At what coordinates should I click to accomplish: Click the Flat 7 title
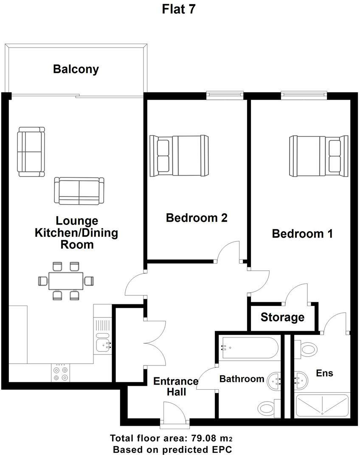coord(179,9)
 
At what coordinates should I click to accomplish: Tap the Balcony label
coord(76,69)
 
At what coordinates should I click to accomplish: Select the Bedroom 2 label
coord(197,218)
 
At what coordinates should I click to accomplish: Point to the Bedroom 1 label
coord(302,233)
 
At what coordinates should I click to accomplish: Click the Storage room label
coord(282,317)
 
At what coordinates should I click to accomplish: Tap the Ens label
coord(324,373)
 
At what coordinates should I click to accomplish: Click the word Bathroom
coord(242,379)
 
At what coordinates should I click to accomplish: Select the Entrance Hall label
coord(176,387)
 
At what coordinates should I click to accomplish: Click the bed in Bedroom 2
coord(179,156)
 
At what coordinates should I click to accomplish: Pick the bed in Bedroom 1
coord(319,156)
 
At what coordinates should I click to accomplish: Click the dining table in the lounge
coord(66,281)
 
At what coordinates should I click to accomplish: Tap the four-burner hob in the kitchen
coord(61,373)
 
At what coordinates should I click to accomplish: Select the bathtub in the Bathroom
coord(250,347)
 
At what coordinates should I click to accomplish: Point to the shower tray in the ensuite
coord(322,406)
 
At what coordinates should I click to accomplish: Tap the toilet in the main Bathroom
coord(269,408)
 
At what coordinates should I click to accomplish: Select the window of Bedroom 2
coord(225,95)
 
